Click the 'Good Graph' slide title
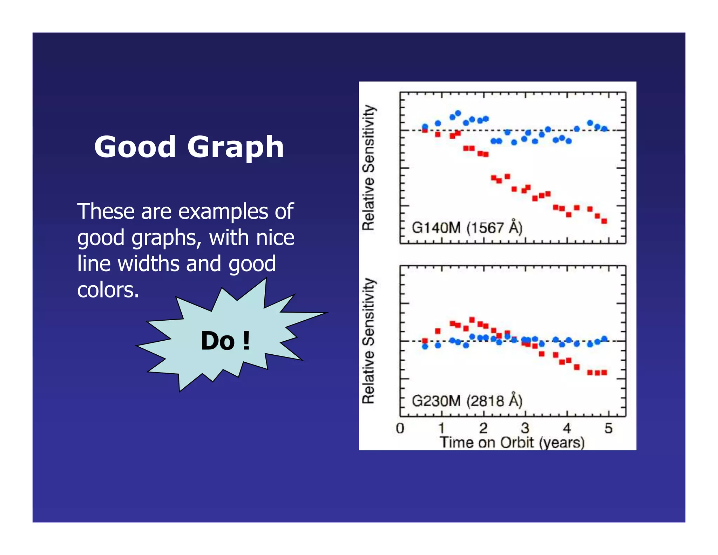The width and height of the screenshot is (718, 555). [189, 147]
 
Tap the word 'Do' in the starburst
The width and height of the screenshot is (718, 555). [217, 341]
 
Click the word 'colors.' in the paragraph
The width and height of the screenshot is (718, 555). [108, 290]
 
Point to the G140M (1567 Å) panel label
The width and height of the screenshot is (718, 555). [467, 228]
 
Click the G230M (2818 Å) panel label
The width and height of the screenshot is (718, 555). [467, 401]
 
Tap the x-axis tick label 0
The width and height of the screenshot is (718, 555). [400, 428]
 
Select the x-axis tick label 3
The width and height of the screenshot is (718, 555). [525, 428]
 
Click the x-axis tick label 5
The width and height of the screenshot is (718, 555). [608, 428]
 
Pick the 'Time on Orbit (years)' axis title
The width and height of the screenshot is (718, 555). [512, 442]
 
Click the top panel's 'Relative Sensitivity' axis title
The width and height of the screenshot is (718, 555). [369, 167]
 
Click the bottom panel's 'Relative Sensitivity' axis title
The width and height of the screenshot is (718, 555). [369, 341]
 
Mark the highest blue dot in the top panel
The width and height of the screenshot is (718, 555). [458, 113]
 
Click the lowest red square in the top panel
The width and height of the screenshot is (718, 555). [604, 221]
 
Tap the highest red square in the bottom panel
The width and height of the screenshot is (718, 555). [472, 320]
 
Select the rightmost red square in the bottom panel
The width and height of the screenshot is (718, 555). [604, 372]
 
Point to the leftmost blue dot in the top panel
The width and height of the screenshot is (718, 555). [425, 126]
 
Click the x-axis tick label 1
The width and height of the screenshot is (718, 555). [441, 428]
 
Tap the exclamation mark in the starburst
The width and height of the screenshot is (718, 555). [246, 341]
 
